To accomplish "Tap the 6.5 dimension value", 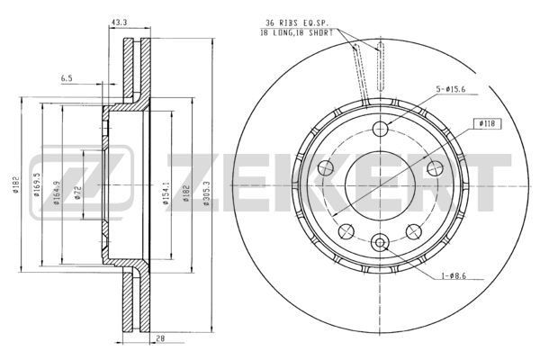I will (67, 78).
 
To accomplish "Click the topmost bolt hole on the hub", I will (379, 126).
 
